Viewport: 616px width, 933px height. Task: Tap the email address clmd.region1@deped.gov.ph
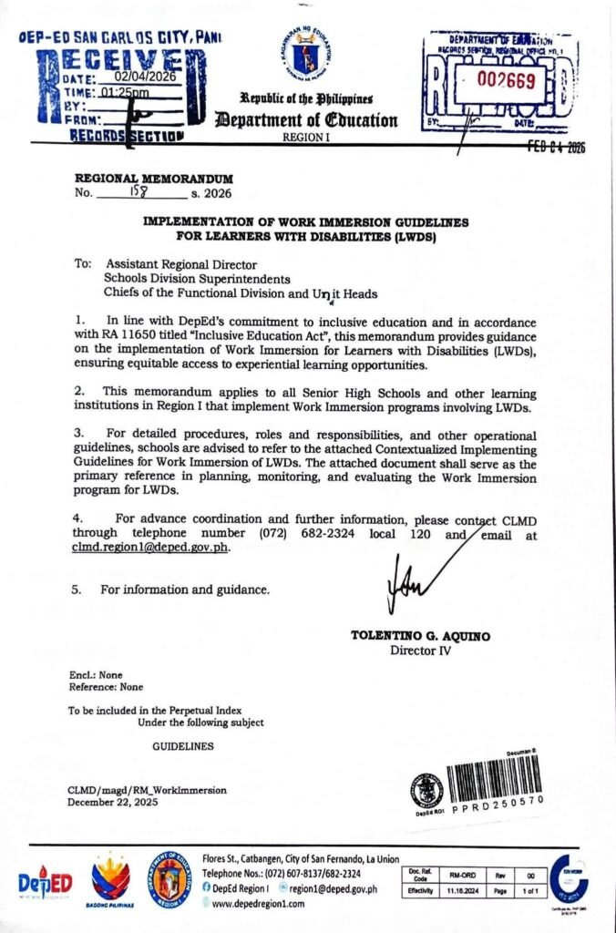click(150, 548)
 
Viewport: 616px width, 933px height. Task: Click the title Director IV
click(419, 650)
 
